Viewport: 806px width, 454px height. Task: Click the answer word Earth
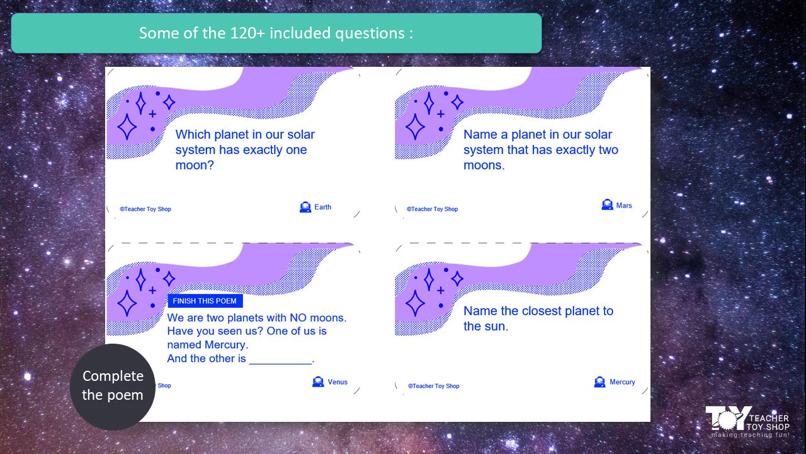pos(322,207)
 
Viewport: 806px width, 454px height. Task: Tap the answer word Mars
pos(623,205)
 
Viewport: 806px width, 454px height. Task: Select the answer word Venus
pos(337,381)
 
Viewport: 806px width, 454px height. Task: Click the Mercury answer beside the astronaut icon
pos(622,381)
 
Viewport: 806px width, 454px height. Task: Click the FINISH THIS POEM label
pos(205,301)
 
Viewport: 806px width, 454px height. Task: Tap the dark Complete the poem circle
pos(113,386)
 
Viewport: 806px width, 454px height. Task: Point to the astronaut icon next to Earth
pos(305,207)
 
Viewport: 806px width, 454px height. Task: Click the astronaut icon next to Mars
pos(607,205)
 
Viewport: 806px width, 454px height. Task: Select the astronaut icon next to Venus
pos(318,381)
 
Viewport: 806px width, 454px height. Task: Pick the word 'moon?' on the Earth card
pos(195,165)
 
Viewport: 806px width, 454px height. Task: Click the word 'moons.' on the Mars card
pos(484,165)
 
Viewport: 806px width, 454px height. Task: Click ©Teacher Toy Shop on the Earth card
pos(145,209)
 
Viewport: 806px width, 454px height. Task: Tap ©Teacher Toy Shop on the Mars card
pos(432,209)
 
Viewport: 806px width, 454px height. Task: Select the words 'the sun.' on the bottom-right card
pos(485,326)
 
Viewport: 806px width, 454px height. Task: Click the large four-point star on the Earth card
pos(127,126)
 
